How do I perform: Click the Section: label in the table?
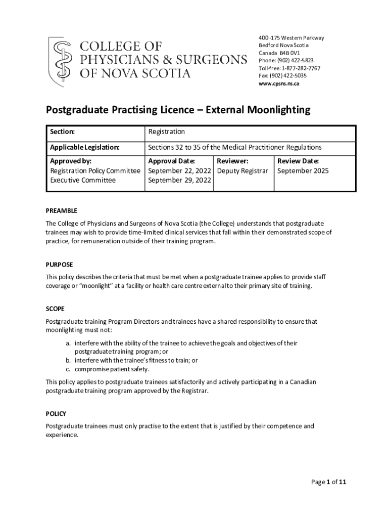(63, 132)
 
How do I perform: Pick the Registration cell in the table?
(166, 132)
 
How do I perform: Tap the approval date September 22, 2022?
(179, 171)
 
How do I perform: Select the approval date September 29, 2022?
(179, 181)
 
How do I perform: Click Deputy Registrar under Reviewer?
(242, 171)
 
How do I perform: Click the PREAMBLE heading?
(61, 211)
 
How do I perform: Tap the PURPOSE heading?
(59, 265)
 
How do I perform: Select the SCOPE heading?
(55, 309)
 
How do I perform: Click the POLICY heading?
(56, 414)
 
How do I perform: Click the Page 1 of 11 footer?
(328, 482)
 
